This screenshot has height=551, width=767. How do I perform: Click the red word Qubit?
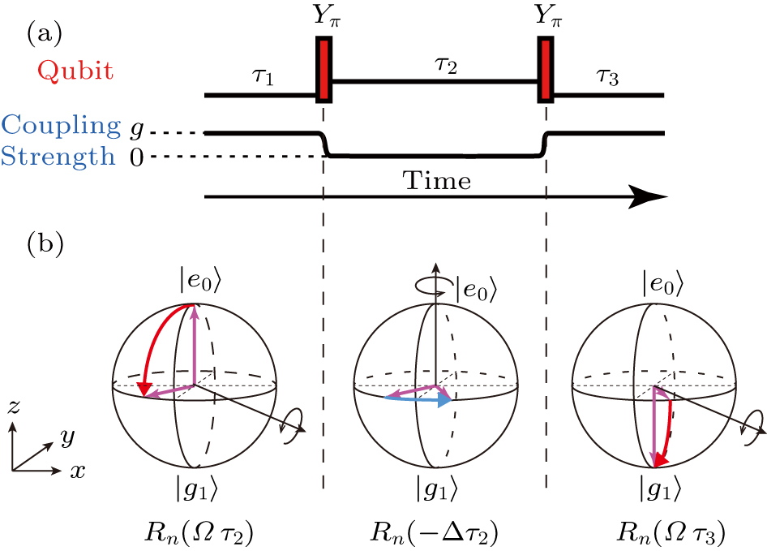click(x=69, y=71)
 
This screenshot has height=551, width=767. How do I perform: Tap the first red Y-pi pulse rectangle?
click(x=324, y=70)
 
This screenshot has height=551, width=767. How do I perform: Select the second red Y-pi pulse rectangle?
click(x=546, y=70)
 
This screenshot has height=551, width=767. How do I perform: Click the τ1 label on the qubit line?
click(x=263, y=78)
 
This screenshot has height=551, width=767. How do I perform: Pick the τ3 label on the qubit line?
click(x=607, y=78)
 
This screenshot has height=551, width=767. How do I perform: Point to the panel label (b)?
click(x=45, y=243)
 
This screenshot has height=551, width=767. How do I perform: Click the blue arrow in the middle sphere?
click(x=418, y=399)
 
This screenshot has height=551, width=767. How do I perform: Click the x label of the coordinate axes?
click(x=77, y=470)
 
